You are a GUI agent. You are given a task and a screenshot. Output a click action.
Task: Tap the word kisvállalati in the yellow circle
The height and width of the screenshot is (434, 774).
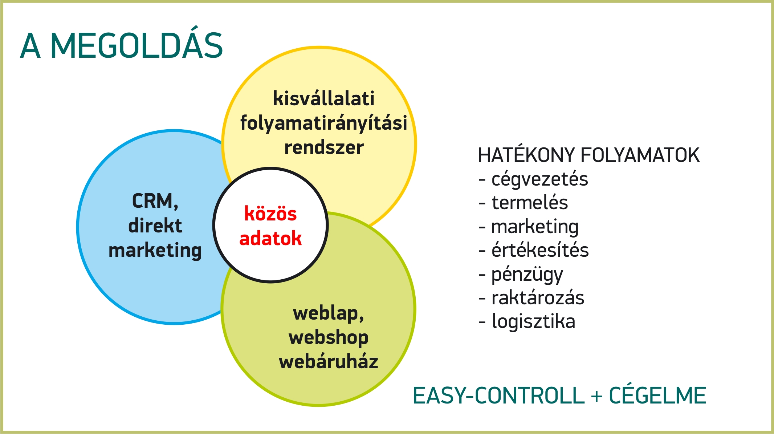[x=323, y=98]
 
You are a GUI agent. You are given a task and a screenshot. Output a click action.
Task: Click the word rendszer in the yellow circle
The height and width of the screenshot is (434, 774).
[x=324, y=147]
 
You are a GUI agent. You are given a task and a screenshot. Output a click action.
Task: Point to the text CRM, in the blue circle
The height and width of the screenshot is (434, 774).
[x=155, y=201]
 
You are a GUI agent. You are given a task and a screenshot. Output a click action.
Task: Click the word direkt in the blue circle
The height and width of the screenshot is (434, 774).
[x=155, y=226]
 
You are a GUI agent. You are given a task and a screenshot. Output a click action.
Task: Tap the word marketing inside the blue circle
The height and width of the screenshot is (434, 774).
[x=155, y=251]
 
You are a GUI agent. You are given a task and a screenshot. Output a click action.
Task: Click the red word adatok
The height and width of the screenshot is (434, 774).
[x=270, y=238]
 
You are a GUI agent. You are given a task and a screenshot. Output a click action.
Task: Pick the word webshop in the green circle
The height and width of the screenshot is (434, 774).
[x=329, y=338]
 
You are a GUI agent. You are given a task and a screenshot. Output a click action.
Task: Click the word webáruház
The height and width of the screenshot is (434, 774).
[x=329, y=361]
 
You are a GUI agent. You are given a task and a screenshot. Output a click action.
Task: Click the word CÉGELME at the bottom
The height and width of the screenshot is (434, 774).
[x=657, y=395]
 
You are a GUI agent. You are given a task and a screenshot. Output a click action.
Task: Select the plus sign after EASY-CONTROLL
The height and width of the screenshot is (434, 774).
[x=596, y=396]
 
